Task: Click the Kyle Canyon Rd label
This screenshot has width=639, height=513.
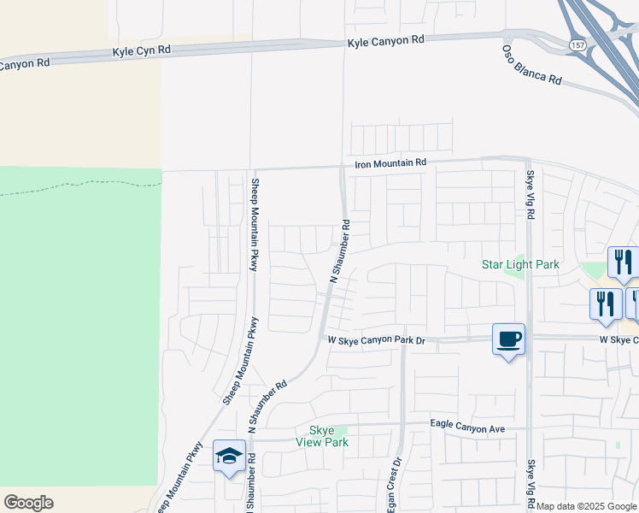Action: [x=386, y=41]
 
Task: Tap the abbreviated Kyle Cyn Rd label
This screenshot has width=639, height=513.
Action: [x=142, y=51]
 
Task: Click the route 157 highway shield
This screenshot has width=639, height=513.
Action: [x=578, y=43]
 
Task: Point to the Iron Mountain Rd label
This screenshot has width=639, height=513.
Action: [x=391, y=162]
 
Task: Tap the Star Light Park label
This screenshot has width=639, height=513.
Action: [x=520, y=264]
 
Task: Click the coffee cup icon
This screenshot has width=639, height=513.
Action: [x=509, y=339]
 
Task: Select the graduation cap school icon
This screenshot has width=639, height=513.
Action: [x=229, y=456]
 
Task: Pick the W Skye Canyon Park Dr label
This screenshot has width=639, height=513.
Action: [x=377, y=340]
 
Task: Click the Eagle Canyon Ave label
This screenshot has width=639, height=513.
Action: [x=468, y=427]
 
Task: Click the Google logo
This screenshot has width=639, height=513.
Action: [x=28, y=503]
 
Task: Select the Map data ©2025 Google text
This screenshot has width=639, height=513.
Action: [x=586, y=507]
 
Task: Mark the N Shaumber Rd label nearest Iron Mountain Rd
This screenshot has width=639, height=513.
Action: [x=340, y=251]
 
